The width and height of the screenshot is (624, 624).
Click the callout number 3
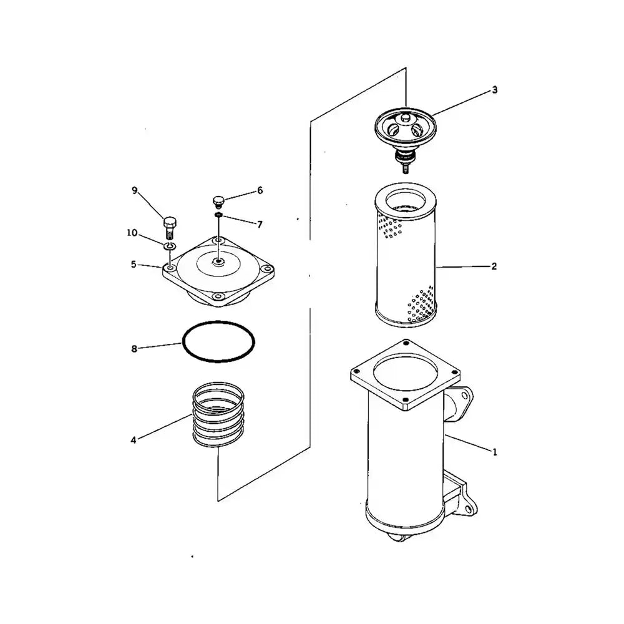494,90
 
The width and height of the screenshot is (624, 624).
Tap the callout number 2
494,266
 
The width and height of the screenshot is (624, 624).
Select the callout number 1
495,452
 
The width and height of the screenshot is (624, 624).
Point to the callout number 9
135,190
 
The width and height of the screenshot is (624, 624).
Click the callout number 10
132,233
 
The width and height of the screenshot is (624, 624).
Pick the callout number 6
260,190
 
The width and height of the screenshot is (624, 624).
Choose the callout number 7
260,225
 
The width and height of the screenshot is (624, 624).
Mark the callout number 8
134,349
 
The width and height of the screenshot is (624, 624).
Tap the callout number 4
134,440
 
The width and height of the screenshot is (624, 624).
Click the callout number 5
134,265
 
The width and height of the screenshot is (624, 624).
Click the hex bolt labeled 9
170,227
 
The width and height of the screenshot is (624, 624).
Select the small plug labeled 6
218,202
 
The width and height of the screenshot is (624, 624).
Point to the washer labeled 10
169,246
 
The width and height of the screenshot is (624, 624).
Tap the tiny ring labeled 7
218,215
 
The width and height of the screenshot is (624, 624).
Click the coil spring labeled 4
218,414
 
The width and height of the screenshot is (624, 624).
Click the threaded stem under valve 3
405,168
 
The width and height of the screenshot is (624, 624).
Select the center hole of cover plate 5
218,262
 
